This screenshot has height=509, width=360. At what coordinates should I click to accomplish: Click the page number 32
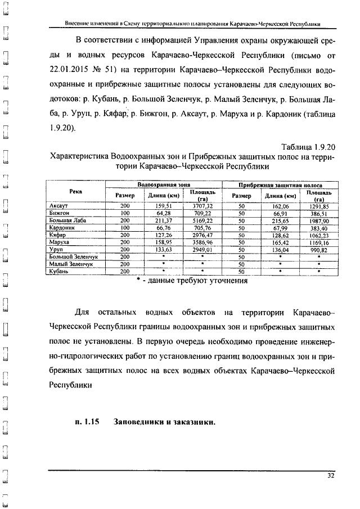331,476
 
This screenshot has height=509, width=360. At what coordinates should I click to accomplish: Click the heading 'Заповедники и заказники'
164,422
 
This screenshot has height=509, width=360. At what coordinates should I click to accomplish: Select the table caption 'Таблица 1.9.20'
307,147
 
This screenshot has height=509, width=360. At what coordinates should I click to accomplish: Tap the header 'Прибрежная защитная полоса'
280,184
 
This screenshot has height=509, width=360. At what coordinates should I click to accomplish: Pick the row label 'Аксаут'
59,206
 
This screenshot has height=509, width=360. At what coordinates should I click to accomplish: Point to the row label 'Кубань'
59,271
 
